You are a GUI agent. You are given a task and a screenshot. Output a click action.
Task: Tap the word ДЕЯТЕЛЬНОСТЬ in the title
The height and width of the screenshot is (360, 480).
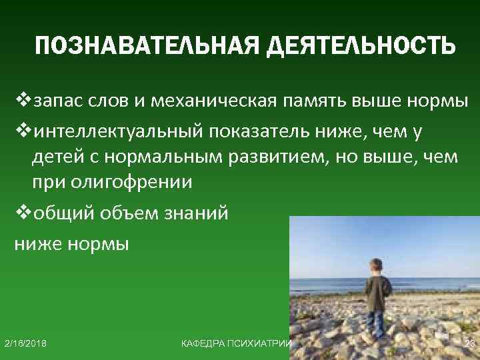click(x=360, y=47)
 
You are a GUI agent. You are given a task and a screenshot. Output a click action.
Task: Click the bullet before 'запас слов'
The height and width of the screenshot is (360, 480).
click(x=23, y=102)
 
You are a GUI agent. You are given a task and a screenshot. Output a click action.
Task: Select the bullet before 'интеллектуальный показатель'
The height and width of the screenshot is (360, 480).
click(x=23, y=131)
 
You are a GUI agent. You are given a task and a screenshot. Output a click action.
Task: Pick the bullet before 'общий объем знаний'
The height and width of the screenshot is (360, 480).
click(x=23, y=214)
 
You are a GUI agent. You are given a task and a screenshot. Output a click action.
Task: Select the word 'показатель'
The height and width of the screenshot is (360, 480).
click(x=259, y=131)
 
